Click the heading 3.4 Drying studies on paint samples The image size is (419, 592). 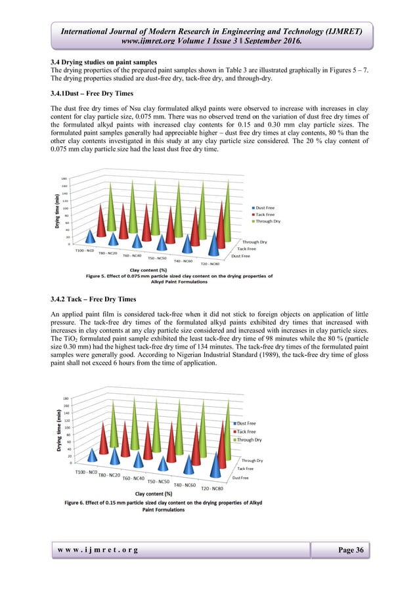[x=104, y=61]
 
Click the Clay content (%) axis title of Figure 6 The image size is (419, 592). [x=153, y=493]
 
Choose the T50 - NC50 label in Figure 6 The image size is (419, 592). [x=160, y=481]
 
